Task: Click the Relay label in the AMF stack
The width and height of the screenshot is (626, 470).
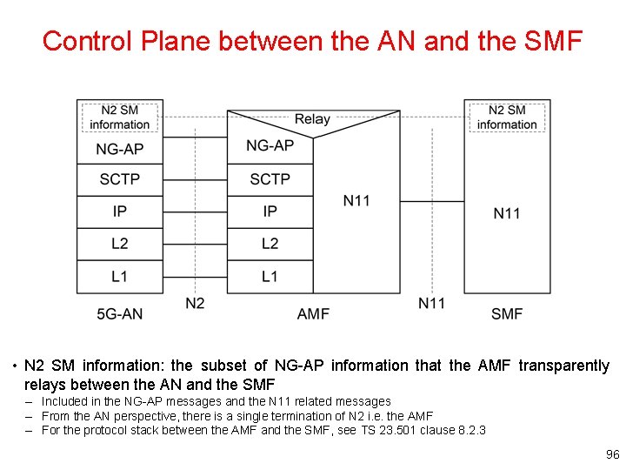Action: pos(312,119)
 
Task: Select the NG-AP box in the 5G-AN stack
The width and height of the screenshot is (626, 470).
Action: pos(120,150)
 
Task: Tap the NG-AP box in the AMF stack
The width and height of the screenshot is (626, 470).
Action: pos(270,145)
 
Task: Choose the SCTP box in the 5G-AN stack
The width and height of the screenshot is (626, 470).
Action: pos(120,180)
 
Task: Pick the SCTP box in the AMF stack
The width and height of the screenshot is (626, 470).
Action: pos(270,179)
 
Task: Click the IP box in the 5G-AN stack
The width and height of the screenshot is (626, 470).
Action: pos(120,211)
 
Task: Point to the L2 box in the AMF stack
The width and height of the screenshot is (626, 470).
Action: pos(270,244)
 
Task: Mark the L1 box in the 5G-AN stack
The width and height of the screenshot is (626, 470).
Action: pos(120,276)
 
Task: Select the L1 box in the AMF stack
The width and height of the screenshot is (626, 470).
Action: pos(270,276)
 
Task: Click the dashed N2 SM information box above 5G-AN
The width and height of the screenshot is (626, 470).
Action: pos(120,117)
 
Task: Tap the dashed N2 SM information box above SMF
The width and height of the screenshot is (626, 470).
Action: pos(507,117)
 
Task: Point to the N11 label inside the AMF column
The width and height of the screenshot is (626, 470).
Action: pos(356,201)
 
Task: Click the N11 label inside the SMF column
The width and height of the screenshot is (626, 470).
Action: pos(507,213)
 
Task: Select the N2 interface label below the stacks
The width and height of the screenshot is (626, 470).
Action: pos(196,303)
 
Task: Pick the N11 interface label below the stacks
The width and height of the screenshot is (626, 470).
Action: pos(432,303)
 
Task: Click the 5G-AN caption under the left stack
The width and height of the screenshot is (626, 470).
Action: pos(120,313)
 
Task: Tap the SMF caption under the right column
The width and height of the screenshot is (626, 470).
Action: pos(507,313)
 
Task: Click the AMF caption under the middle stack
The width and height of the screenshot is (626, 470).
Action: pos(313,313)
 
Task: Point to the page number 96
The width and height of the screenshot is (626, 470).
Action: pos(611,455)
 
